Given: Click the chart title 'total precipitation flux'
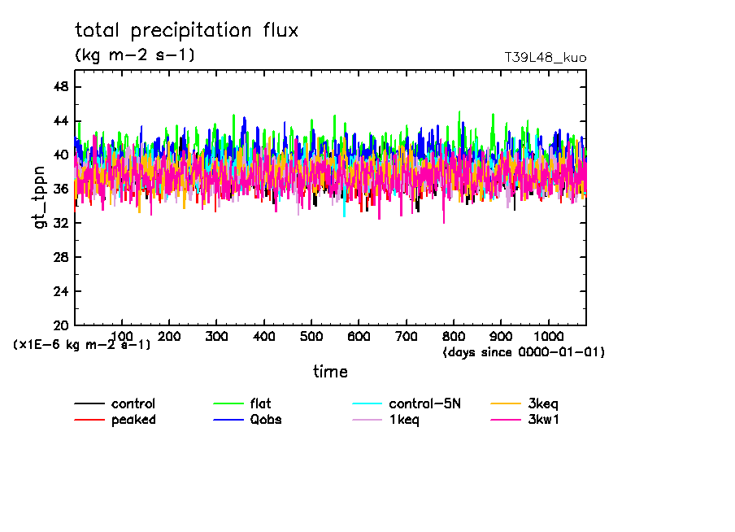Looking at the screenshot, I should pyautogui.click(x=187, y=31).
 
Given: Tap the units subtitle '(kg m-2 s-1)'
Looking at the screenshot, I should pyautogui.click(x=135, y=55).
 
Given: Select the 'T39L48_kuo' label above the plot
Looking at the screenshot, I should pyautogui.click(x=545, y=58).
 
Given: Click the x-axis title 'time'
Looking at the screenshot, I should pyautogui.click(x=330, y=372).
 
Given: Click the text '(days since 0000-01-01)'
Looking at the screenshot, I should pyautogui.click(x=524, y=352).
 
